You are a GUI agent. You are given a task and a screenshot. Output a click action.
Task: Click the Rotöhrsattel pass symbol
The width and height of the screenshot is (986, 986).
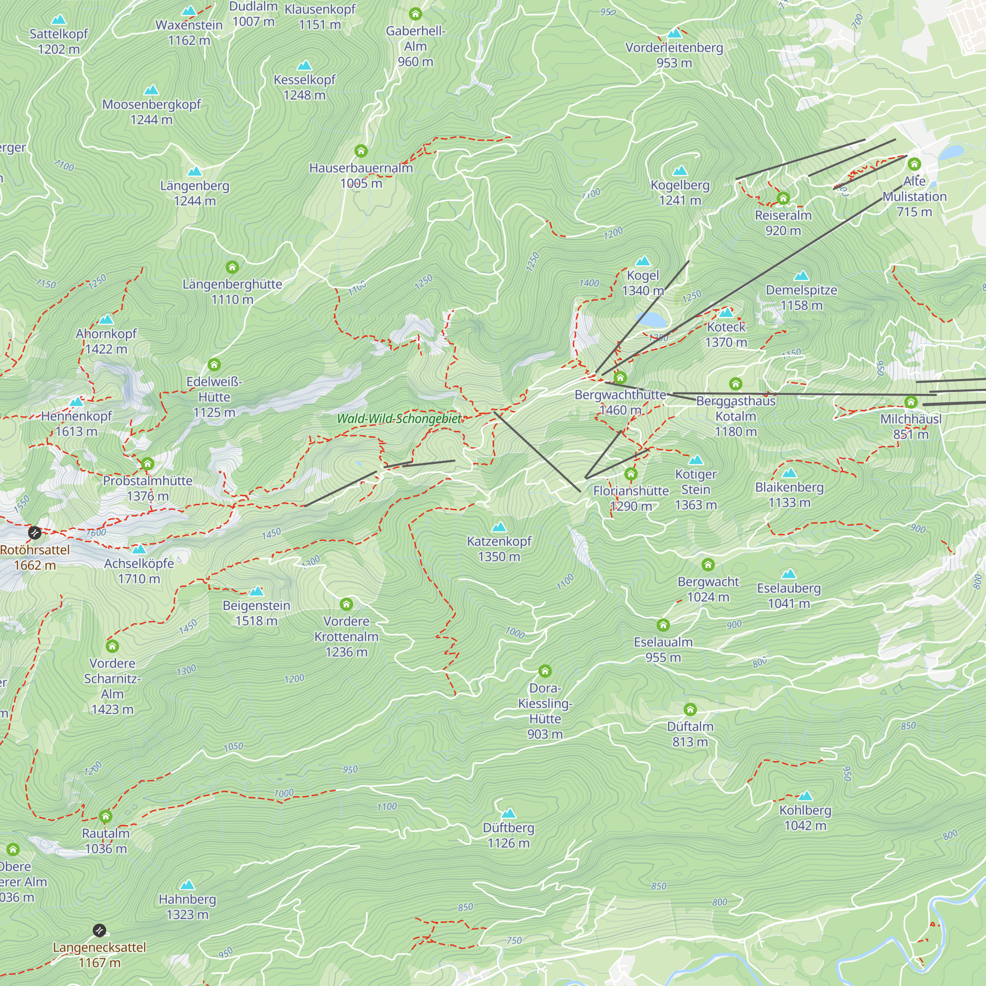(x=35, y=533)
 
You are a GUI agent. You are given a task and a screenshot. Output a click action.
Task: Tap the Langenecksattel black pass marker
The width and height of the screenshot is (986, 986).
(x=100, y=930)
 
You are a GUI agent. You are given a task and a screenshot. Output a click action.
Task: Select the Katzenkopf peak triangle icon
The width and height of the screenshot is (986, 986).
(x=499, y=527)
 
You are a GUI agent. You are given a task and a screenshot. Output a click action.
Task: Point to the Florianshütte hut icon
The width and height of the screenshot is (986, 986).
(x=631, y=474)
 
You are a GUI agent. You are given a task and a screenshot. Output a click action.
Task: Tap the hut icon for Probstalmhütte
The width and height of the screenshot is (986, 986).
(x=147, y=463)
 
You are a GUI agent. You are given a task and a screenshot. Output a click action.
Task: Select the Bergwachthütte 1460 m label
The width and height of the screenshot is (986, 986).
(x=620, y=402)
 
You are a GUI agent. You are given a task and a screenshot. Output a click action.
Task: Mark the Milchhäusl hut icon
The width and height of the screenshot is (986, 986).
(x=911, y=402)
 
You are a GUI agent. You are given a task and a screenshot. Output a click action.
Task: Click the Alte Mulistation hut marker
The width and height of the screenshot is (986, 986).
(x=914, y=164)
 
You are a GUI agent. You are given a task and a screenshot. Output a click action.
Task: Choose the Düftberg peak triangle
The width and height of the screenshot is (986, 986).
(x=508, y=813)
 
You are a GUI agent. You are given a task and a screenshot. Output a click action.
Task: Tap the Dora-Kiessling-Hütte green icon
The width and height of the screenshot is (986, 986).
(x=545, y=670)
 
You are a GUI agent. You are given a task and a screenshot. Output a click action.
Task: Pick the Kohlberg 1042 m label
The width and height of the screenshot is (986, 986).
(x=805, y=817)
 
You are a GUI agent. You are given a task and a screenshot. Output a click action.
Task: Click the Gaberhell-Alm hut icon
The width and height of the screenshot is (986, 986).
(x=416, y=14)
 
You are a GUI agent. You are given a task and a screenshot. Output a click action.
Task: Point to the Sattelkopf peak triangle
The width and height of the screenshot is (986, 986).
(x=59, y=20)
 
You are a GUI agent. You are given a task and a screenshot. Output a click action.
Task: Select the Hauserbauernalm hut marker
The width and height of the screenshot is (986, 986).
(x=361, y=150)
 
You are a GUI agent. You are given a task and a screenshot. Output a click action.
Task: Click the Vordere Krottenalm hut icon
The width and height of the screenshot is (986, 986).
(x=347, y=604)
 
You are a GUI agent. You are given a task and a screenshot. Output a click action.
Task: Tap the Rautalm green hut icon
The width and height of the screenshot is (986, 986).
(x=106, y=816)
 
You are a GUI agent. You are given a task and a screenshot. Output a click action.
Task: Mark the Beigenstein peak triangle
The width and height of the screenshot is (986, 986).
(x=256, y=591)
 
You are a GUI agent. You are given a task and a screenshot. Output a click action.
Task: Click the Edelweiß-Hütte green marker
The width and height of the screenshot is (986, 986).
(x=214, y=364)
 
